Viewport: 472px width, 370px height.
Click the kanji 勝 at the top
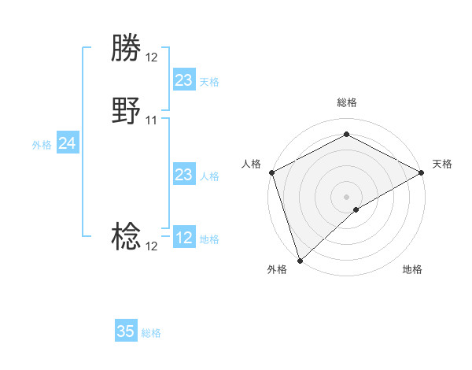pyautogui.click(x=126, y=48)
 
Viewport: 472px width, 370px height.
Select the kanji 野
pyautogui.click(x=126, y=112)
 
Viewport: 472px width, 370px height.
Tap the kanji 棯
pyautogui.click(x=126, y=236)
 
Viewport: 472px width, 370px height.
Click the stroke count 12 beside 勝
pyautogui.click(x=152, y=57)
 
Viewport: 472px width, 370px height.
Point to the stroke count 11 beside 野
pyautogui.click(x=152, y=120)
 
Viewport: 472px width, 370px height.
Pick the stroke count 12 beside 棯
pyautogui.click(x=152, y=246)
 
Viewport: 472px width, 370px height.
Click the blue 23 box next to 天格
pyautogui.click(x=183, y=80)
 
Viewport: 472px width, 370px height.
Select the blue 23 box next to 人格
pyautogui.click(x=183, y=175)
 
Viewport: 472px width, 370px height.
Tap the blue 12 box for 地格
pyautogui.click(x=183, y=238)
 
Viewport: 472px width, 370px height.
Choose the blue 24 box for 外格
pyautogui.click(x=68, y=143)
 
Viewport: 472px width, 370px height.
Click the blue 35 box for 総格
pyautogui.click(x=126, y=331)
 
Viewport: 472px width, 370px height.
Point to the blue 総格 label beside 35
pyautogui.click(x=151, y=333)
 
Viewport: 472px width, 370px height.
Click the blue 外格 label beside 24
pyautogui.click(x=42, y=145)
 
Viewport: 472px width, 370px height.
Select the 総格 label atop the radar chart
pyautogui.click(x=347, y=102)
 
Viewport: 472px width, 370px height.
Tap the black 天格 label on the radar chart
pyautogui.click(x=442, y=164)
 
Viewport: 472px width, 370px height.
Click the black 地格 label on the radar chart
pyautogui.click(x=412, y=270)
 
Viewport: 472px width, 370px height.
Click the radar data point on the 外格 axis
pyautogui.click(x=300, y=260)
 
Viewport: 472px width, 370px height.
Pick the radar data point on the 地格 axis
pyautogui.click(x=356, y=209)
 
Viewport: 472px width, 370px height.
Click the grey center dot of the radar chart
pyautogui.click(x=347, y=196)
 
